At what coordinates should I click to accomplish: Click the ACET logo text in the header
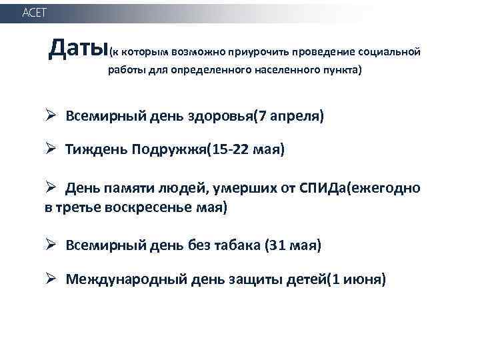35,13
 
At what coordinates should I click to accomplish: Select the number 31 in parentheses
277,246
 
